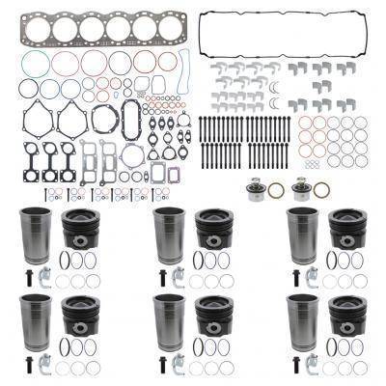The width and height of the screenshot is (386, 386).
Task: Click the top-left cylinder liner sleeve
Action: (x=34, y=236)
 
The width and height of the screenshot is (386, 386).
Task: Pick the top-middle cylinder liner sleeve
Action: (x=169, y=236)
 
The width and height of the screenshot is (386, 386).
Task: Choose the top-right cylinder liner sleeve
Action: (x=302, y=236)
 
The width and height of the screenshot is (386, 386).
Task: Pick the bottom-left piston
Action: (x=81, y=317)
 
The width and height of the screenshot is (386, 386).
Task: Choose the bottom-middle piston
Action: (x=215, y=317)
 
